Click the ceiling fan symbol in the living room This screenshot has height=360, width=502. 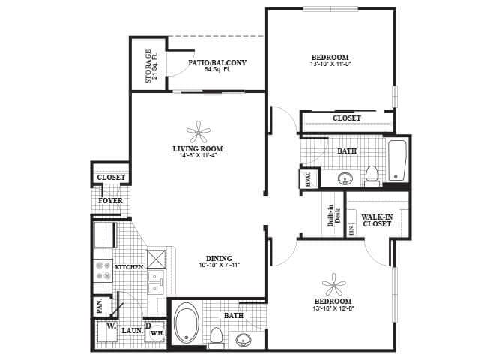tap(198, 133)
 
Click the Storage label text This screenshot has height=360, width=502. tap(148, 66)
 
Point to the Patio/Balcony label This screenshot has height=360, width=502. tap(217, 62)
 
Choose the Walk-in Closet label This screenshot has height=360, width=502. tap(377, 220)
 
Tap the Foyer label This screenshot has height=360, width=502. tap(110, 201)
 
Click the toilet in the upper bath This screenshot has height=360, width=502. tap(372, 175)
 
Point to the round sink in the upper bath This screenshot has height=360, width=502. tap(345, 178)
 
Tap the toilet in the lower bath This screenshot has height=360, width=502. tap(217, 337)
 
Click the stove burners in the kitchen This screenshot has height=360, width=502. tap(101, 271)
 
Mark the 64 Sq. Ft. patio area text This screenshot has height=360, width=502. tap(217, 70)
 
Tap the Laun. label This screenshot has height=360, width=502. tap(132, 329)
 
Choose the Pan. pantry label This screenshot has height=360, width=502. tap(99, 306)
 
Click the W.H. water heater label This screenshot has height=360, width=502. tap(157, 332)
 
